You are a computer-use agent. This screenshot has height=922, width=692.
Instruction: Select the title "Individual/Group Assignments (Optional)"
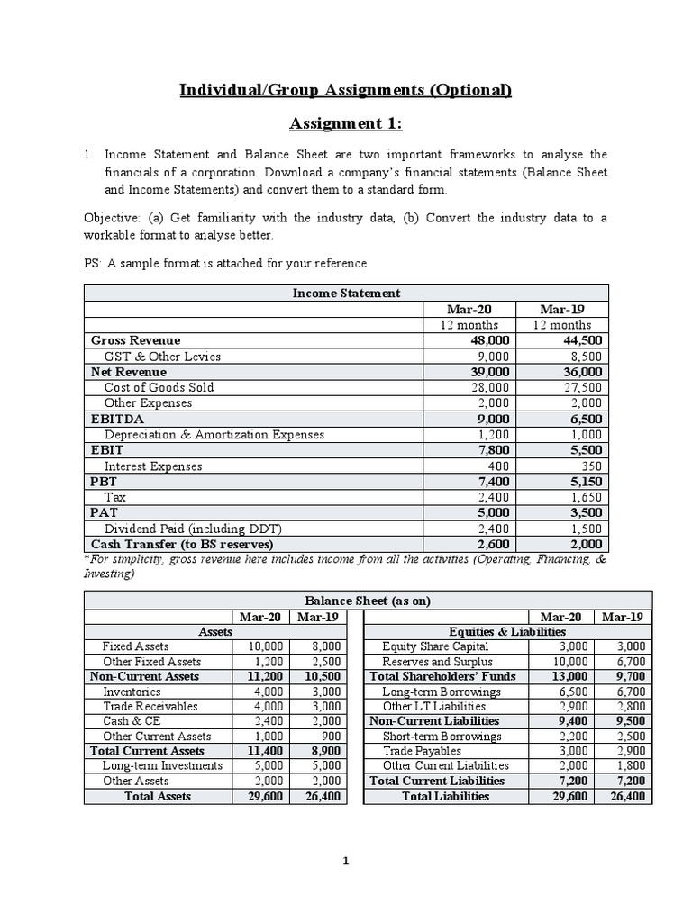click(345, 89)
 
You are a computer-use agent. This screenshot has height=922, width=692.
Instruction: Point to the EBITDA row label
click(117, 419)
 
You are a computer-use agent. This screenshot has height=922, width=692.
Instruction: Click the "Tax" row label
click(114, 497)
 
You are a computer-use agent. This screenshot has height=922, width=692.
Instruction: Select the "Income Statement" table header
click(346, 294)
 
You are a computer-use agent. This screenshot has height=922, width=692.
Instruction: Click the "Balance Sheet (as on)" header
click(367, 601)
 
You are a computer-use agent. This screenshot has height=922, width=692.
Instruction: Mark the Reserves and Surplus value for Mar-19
click(627, 662)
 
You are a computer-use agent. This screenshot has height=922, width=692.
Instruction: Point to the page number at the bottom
click(346, 862)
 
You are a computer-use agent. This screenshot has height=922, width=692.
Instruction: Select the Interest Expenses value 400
click(497, 466)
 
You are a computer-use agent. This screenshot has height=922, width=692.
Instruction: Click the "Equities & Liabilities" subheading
click(507, 632)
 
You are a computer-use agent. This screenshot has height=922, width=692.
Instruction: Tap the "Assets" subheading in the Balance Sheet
click(215, 632)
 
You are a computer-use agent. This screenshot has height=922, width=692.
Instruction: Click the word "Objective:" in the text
click(114, 219)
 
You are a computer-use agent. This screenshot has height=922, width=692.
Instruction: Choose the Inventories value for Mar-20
click(265, 691)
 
